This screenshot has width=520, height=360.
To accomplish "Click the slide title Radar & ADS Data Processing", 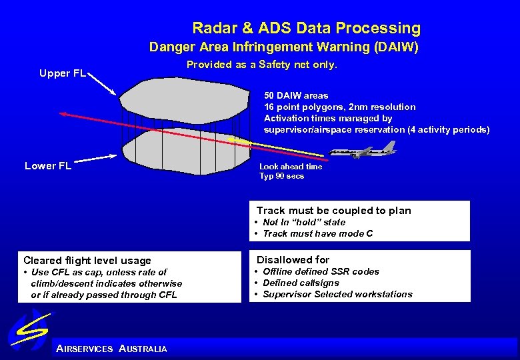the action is point(306,28).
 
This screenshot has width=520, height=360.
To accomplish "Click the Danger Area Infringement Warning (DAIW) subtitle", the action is point(283,47).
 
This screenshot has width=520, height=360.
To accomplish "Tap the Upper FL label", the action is point(62,73).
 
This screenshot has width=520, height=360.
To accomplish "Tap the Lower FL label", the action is point(48,166).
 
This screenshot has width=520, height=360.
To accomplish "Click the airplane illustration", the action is point(365,151).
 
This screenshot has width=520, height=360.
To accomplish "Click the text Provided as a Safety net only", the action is point(262,65).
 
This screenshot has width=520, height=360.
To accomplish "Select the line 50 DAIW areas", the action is point(296,95).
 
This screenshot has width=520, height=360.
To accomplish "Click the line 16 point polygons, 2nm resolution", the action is point(339,107).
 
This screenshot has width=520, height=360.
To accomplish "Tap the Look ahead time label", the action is point(291,167).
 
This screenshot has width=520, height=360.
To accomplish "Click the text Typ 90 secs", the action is point(281,176).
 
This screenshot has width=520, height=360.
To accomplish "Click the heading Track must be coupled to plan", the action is point(333,211).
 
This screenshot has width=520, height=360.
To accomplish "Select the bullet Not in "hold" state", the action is point(304,222).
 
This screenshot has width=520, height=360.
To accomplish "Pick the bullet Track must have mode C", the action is point(317,233).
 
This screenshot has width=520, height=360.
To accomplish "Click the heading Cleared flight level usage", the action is point(87,261).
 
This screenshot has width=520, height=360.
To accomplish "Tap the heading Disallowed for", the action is point(293,260).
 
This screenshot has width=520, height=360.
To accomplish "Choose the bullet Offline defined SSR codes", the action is point(321,271).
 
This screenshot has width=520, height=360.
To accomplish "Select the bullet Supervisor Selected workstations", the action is point(337,294).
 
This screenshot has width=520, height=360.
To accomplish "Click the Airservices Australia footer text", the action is point(112,349).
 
